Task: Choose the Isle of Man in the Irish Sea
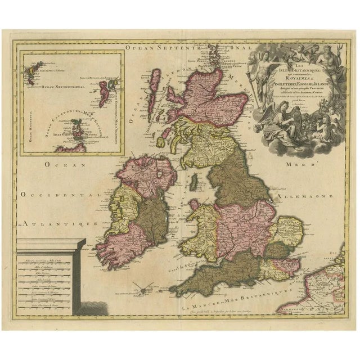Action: pyautogui.click(x=192, y=182)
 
